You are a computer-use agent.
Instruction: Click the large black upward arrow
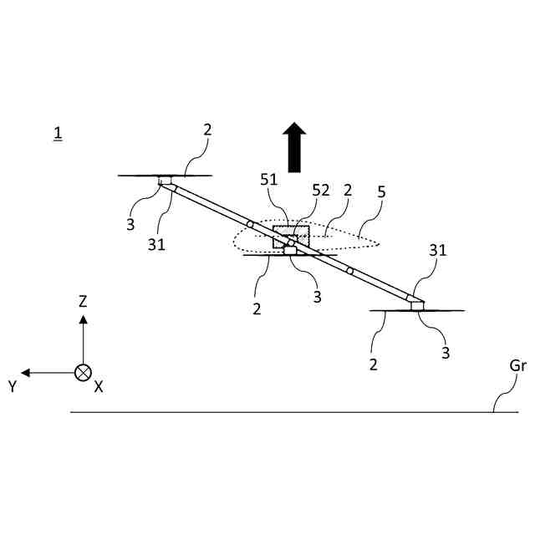pyautogui.click(x=293, y=147)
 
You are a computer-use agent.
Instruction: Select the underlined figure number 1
pyautogui.click(x=57, y=133)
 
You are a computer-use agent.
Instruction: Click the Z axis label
pyautogui.click(x=83, y=301)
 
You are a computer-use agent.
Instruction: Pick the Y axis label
pyautogui.click(x=13, y=386)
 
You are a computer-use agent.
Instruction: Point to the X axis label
pyautogui.click(x=99, y=386)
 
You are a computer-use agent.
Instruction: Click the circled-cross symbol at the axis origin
pyautogui.click(x=83, y=373)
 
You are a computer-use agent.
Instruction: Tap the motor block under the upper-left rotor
pyautogui.click(x=166, y=181)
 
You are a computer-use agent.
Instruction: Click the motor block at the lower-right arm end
pyautogui.click(x=416, y=305)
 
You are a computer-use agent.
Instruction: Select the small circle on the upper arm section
pyautogui.click(x=250, y=224)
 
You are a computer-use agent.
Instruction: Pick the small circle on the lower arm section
pyautogui.click(x=350, y=272)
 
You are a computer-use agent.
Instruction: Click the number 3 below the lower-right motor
pyautogui.click(x=446, y=353)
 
